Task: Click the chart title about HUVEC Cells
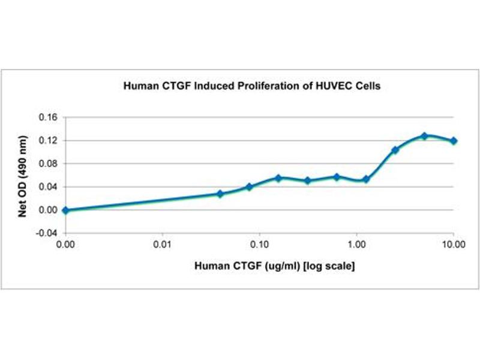252,86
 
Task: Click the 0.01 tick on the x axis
163,244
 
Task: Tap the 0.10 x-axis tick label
259,244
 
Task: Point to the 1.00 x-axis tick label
356,244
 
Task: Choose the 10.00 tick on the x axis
453,244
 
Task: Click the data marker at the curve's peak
424,136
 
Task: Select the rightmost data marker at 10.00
454,141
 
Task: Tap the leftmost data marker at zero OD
65,210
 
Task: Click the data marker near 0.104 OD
395,150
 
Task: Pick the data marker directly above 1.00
366,179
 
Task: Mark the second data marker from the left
220,194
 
